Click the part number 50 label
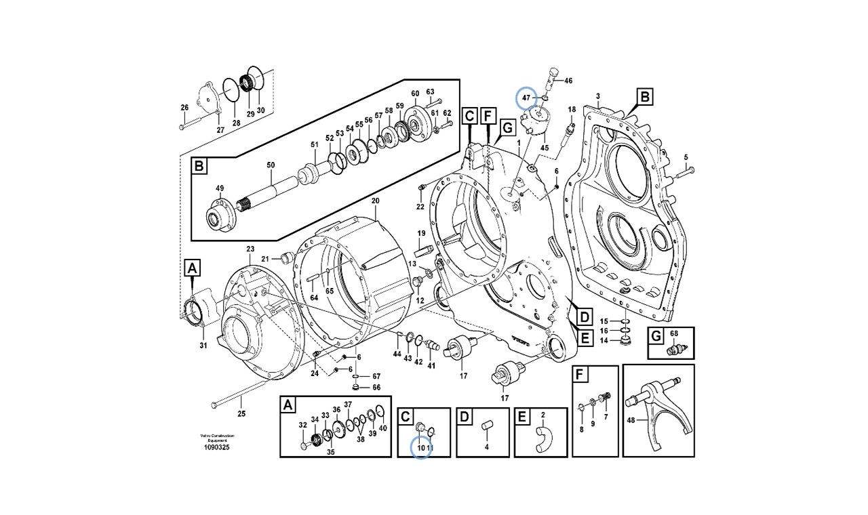271,165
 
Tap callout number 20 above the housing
375,201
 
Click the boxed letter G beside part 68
655,336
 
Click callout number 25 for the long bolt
241,414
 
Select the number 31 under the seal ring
203,346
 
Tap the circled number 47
526,98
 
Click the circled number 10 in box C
420,448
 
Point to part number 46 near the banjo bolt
568,81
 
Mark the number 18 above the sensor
571,109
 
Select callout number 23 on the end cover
250,249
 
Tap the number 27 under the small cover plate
220,130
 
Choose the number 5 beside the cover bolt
686,157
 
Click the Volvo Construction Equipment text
217,437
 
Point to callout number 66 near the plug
376,388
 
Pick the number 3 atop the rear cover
597,97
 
